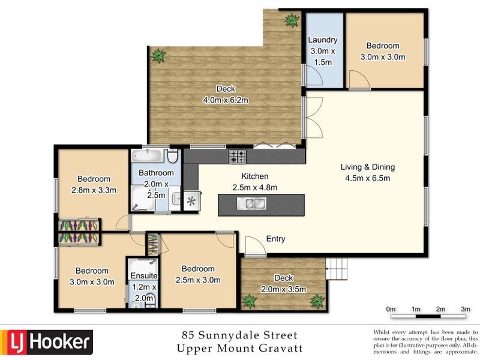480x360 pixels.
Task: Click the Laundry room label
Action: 323,40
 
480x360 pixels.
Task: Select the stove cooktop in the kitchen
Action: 237,157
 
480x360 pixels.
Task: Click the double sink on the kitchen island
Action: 251,205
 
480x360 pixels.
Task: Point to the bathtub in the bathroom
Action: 148,157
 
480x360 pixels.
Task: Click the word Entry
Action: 275,239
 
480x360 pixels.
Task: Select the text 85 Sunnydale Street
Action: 239,335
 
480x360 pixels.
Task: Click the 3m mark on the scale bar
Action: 465,309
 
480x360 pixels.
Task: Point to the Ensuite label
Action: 144,275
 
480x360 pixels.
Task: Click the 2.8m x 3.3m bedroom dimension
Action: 94,190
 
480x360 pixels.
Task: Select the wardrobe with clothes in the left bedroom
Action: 78,232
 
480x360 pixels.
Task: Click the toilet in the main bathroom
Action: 172,158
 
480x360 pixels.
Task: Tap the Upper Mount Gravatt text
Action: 239,348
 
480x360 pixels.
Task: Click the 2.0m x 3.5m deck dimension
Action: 283,289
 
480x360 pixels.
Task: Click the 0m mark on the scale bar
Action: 391,309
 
